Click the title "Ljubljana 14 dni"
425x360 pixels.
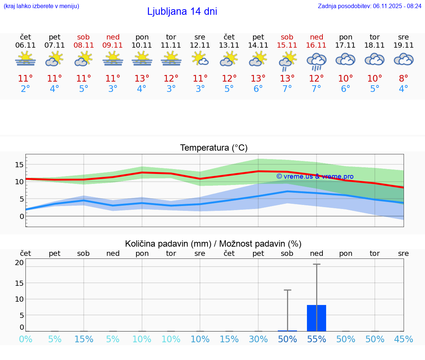[x=182, y=11]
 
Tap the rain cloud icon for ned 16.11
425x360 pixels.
[x=317, y=61]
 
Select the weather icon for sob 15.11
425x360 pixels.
[x=287, y=61]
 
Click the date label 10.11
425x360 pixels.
[x=142, y=45]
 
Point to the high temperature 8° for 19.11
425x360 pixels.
[x=404, y=79]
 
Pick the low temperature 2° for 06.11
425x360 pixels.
[x=25, y=89]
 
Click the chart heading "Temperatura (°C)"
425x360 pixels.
[x=214, y=148]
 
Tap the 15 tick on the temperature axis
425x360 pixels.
[x=19, y=164]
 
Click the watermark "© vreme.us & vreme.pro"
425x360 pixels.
[x=315, y=176]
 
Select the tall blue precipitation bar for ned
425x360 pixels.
[x=317, y=318]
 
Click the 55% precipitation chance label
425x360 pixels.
[x=317, y=339]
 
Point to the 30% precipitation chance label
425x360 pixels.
[x=258, y=339]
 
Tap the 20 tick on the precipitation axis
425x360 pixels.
[x=19, y=263]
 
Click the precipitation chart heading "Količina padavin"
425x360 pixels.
[x=213, y=244]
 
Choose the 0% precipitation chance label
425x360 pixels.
[x=25, y=339]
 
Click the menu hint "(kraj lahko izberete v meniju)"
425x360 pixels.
[x=41, y=6]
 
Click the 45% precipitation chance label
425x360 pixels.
[x=404, y=339]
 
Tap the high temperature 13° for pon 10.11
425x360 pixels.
[x=142, y=79]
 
